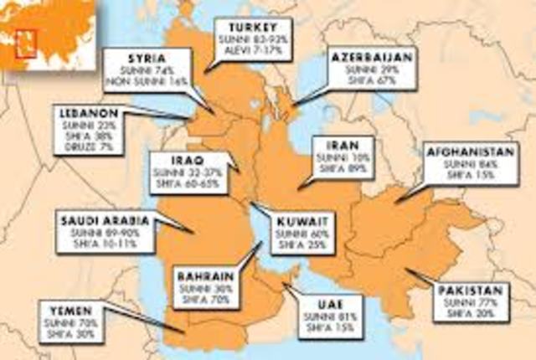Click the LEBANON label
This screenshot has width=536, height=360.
click(x=88, y=113)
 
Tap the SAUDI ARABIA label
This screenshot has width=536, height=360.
click(x=105, y=221)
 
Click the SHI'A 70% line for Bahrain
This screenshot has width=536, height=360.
click(x=203, y=299)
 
